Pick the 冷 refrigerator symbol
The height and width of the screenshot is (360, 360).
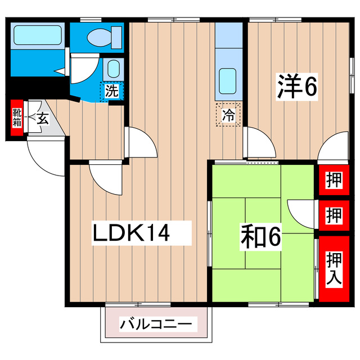[x=229, y=115]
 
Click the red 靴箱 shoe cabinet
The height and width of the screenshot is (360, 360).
[x=17, y=119]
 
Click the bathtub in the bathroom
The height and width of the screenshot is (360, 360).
[x=36, y=35]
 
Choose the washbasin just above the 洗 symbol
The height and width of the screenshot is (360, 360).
[x=113, y=69]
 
